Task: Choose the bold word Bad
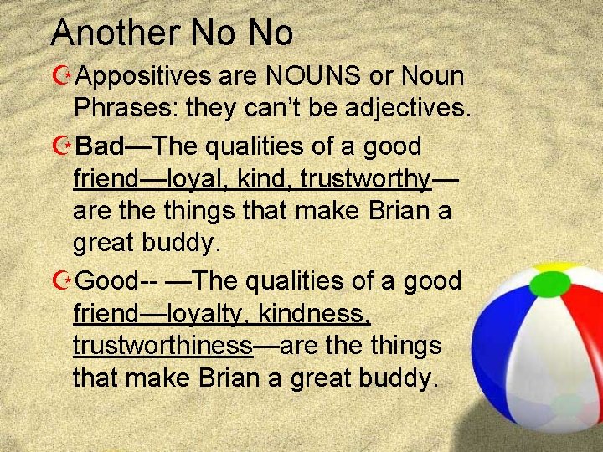tap(99, 146)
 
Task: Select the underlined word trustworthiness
tap(163, 345)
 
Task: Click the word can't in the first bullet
tap(302, 110)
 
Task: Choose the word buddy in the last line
tap(393, 378)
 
